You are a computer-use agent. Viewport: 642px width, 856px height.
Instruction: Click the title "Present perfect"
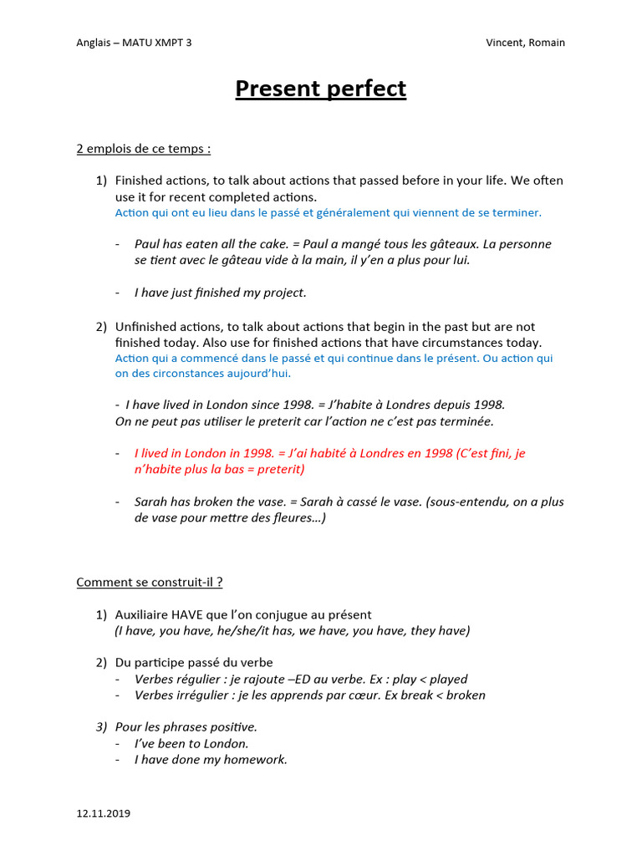[x=320, y=89]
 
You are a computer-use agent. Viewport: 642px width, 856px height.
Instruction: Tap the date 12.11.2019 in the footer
[x=103, y=813]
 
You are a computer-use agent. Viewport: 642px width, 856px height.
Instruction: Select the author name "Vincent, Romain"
[x=524, y=43]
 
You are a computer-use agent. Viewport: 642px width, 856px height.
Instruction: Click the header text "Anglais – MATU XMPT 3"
[x=134, y=43]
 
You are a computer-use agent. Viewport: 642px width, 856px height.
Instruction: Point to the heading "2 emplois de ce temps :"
[x=143, y=149]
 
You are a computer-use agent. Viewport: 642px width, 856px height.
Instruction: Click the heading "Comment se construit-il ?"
[x=149, y=582]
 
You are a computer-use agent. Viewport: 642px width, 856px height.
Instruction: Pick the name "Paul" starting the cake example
[x=148, y=244]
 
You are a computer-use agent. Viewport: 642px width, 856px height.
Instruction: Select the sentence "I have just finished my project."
[x=221, y=293]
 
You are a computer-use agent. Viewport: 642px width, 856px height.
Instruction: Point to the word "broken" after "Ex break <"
[x=466, y=695]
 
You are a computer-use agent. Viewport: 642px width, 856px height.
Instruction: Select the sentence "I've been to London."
[x=191, y=743]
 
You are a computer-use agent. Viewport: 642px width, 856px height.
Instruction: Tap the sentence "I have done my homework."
[x=211, y=759]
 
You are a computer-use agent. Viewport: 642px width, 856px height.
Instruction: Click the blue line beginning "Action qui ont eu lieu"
[x=328, y=212]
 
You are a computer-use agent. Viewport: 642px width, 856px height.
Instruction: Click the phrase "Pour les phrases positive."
[x=186, y=727]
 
